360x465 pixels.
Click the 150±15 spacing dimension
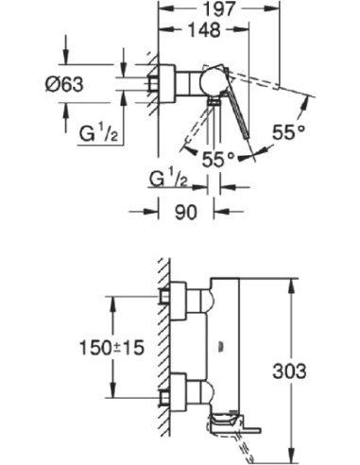69,347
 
